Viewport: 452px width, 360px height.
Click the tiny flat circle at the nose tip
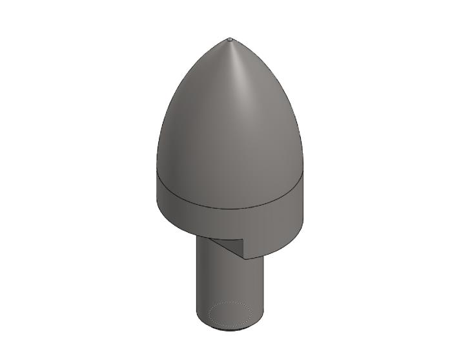pyautogui.click(x=231, y=40)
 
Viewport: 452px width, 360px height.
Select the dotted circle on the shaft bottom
pyautogui.click(x=230, y=314)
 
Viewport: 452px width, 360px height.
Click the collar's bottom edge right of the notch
pyautogui.click(x=278, y=249)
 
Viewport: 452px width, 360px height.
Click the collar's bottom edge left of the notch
pyautogui.click(x=181, y=229)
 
